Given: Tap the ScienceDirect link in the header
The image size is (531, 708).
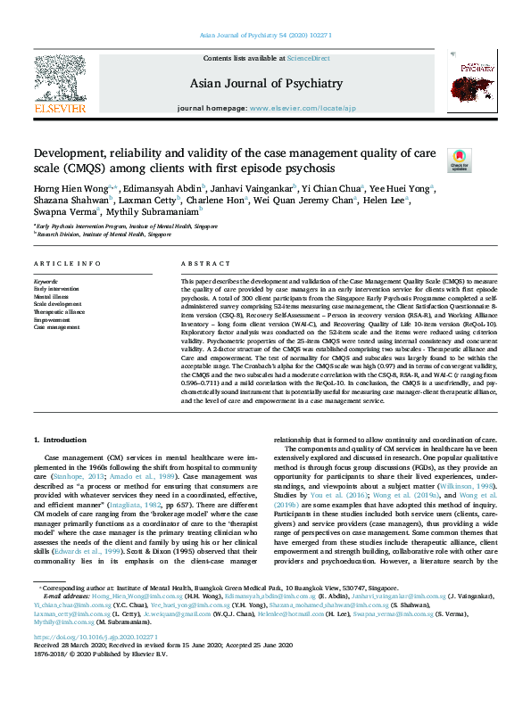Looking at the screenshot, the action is click(x=308, y=59).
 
